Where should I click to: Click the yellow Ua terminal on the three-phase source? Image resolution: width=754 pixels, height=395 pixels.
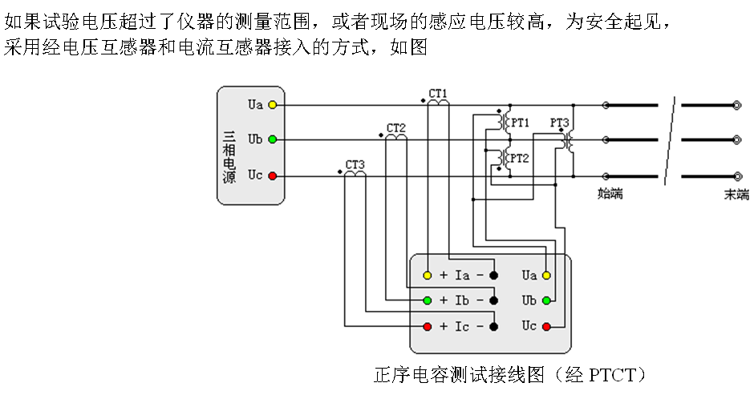point(273,104)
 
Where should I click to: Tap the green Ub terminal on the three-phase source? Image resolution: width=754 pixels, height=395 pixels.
point(273,139)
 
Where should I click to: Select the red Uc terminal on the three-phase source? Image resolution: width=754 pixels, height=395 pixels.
point(273,175)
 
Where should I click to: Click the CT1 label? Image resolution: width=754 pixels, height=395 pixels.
point(438,93)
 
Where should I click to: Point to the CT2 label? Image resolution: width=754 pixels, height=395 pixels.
point(396,128)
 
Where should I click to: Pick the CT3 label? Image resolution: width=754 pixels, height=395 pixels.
point(355,165)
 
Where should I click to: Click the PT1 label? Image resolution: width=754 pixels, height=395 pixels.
point(520,123)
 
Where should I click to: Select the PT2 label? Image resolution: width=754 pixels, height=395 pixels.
point(520,158)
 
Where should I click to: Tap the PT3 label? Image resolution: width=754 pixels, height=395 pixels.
point(560,123)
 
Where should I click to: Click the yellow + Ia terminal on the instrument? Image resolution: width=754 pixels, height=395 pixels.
point(428,276)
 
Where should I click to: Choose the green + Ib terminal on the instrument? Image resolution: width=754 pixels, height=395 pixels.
point(428,300)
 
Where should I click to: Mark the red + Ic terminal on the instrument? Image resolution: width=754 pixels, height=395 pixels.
point(428,326)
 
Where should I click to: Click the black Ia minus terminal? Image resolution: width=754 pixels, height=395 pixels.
point(494,276)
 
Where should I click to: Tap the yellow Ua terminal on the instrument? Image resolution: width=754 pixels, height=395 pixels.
point(547,276)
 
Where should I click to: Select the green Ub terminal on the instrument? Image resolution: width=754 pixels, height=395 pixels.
point(547,300)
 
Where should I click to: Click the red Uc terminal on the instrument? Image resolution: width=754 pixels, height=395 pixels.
point(547,326)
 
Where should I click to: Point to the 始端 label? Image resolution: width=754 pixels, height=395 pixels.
point(610,194)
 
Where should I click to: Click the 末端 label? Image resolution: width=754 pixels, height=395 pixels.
point(736,194)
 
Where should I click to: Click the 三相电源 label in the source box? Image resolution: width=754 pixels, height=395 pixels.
point(229,155)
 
